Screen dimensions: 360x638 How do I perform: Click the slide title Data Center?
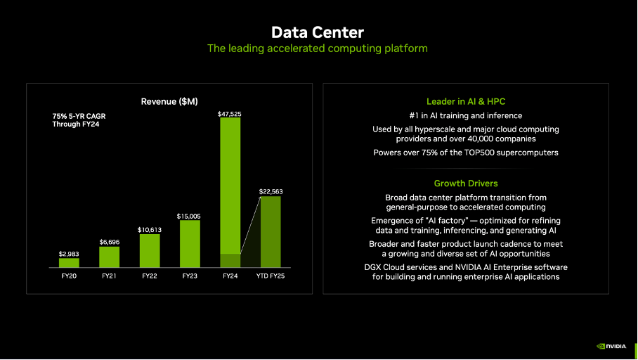click(x=318, y=32)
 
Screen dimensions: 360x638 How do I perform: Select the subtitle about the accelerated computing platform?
click(x=318, y=49)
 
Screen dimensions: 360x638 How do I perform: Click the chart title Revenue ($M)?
click(x=169, y=102)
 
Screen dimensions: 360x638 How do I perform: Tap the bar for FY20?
click(x=69, y=262)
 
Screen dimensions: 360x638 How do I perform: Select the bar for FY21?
click(x=109, y=257)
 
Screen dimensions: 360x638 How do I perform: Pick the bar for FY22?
click(x=150, y=250)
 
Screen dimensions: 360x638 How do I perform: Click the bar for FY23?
click(x=190, y=243)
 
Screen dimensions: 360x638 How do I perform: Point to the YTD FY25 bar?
click(x=271, y=231)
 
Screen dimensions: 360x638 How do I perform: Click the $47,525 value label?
click(x=230, y=113)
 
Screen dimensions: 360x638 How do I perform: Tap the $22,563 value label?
click(x=271, y=191)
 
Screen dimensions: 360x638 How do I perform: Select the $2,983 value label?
click(x=69, y=253)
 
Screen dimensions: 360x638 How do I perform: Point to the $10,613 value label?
click(x=150, y=230)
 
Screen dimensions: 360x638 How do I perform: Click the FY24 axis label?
click(x=230, y=276)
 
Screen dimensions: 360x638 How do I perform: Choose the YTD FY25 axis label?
click(x=271, y=276)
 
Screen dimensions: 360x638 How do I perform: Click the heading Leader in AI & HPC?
click(x=466, y=102)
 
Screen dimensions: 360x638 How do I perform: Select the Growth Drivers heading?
click(x=466, y=184)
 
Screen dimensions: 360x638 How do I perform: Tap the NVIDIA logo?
click(x=613, y=345)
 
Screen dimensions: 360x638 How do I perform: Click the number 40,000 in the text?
click(x=483, y=139)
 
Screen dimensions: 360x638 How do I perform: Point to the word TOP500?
click(x=495, y=153)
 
